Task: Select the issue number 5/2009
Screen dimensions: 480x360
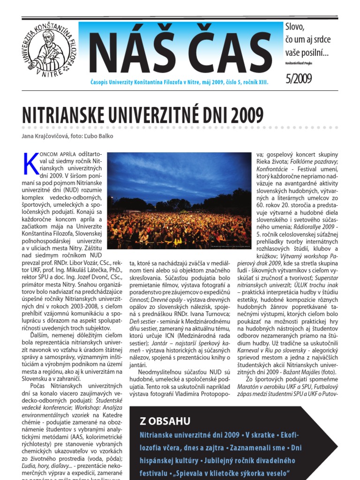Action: click(x=299, y=78)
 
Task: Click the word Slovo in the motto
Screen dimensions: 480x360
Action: click(x=295, y=27)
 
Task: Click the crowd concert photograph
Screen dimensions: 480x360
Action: click(x=179, y=201)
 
